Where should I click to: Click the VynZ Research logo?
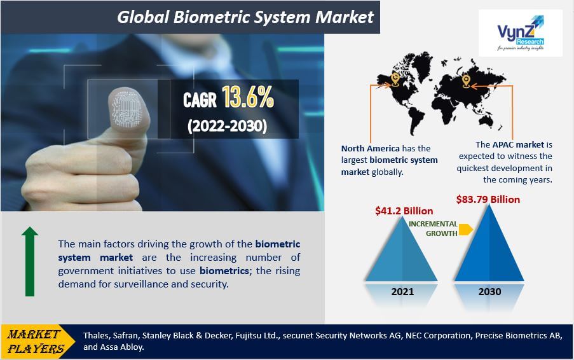pos(520,33)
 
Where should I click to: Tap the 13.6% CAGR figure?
pos(248,97)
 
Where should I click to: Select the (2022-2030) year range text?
pos(227,126)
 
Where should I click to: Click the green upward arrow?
pos(30,261)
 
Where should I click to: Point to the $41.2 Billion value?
pos(404,211)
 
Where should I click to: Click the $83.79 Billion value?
pos(488,200)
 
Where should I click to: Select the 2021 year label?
pos(402,291)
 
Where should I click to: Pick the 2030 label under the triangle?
pos(489,291)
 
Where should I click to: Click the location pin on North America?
pos(395,80)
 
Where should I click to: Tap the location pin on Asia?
pos(466,81)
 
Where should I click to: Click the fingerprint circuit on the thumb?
pos(126,108)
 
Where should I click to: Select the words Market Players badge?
pos(36,342)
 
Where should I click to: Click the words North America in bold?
pos(370,148)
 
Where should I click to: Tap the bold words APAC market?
pos(518,144)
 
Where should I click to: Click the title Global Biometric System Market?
pos(245,17)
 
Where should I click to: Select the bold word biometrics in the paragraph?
pos(224,271)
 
